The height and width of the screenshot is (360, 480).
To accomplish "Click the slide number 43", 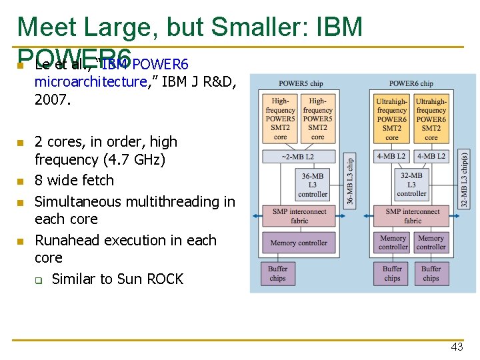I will pyautogui.click(x=457, y=347).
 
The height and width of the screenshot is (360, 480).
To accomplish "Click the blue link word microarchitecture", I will pyautogui.click(x=91, y=82).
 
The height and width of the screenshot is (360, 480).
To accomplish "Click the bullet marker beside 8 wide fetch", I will pyautogui.click(x=21, y=181).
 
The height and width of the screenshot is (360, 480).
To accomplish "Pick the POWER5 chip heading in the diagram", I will pyautogui.click(x=301, y=84).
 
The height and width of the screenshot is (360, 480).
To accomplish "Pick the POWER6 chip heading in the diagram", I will pyautogui.click(x=411, y=84).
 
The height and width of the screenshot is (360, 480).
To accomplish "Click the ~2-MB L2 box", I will pyautogui.click(x=298, y=157).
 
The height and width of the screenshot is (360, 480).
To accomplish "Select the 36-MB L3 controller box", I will pyautogui.click(x=313, y=185).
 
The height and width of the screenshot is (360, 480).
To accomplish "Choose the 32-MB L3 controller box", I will pyautogui.click(x=411, y=185).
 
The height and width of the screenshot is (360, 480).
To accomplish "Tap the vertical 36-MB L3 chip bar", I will pyautogui.click(x=349, y=181).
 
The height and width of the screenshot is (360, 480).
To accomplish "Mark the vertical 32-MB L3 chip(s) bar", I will pyautogui.click(x=464, y=178).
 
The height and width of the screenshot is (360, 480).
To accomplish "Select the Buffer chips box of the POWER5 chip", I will pyautogui.click(x=278, y=274).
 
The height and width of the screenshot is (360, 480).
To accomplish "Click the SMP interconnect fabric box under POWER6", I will pyautogui.click(x=412, y=216).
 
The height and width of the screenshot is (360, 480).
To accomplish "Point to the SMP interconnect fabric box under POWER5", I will pyautogui.click(x=299, y=216).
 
